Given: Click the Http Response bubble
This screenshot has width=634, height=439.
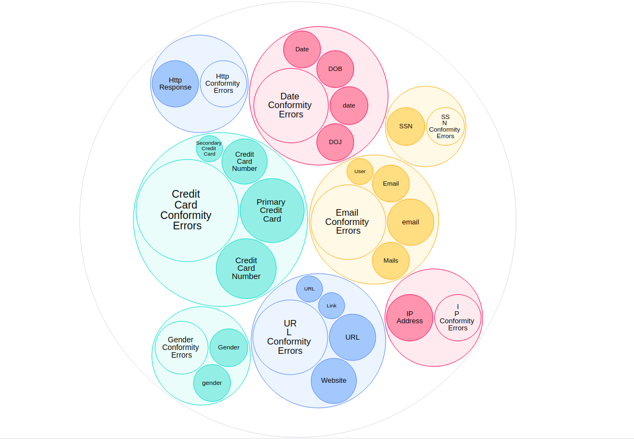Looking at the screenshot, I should (175, 84).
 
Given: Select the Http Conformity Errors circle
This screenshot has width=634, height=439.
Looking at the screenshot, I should (223, 84).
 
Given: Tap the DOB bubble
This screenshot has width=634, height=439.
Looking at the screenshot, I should (335, 69).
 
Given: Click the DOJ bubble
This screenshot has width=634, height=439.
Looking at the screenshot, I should (335, 142).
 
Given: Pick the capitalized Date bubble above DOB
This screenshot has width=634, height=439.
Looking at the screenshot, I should (302, 49).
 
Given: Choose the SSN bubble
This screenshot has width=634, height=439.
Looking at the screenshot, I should (406, 126).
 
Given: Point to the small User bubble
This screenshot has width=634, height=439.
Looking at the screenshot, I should (360, 171).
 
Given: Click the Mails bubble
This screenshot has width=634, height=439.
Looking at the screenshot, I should (391, 260).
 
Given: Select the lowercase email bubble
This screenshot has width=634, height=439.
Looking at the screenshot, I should (411, 222).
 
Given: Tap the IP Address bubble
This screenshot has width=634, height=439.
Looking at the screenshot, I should (410, 318).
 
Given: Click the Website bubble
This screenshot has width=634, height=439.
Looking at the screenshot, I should (334, 381).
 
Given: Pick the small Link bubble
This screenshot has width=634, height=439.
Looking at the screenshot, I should (331, 306).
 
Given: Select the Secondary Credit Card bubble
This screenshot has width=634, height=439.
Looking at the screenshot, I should (210, 149).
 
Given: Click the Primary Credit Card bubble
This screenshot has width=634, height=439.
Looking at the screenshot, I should (272, 210).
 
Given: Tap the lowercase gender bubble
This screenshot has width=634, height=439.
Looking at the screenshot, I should (212, 383).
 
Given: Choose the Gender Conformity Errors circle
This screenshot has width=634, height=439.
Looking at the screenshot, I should (181, 347).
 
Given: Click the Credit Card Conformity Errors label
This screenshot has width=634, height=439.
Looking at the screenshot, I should (187, 210).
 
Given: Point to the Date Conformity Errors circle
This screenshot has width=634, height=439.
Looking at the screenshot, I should (290, 105).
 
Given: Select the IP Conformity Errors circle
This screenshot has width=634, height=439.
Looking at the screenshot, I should (458, 318).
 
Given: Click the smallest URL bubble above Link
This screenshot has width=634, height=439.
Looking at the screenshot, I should (310, 289).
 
